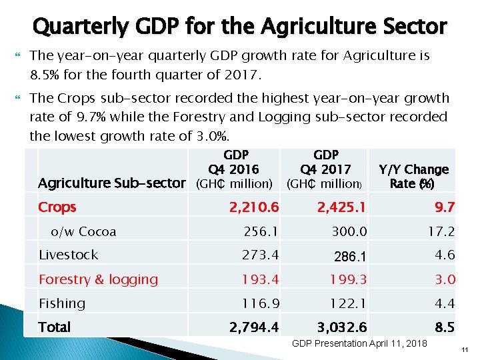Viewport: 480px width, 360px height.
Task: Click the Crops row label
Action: click(x=57, y=207)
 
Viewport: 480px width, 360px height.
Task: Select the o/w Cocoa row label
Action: click(x=83, y=232)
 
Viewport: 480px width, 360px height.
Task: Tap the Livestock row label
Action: click(x=68, y=255)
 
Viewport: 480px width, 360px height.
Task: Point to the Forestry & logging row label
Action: click(x=98, y=279)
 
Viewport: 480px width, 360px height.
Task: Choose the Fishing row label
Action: click(x=62, y=303)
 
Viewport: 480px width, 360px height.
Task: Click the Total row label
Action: click(x=55, y=327)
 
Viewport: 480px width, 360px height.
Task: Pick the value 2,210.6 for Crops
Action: click(x=254, y=207)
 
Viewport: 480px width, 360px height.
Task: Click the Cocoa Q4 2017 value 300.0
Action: click(x=349, y=232)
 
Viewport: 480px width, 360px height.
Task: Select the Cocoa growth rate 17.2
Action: click(x=441, y=232)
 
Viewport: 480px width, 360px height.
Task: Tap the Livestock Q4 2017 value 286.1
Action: click(x=349, y=255)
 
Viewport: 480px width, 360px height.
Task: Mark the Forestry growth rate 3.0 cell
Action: click(x=445, y=279)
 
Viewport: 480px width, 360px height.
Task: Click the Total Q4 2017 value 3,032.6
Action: click(x=342, y=327)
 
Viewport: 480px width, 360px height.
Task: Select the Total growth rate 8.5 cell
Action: click(x=445, y=327)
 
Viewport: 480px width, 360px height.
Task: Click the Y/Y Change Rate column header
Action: click(x=413, y=176)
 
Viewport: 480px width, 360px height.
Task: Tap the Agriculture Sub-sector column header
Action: click(x=112, y=183)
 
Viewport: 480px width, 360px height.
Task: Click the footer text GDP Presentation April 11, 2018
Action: click(x=360, y=343)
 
